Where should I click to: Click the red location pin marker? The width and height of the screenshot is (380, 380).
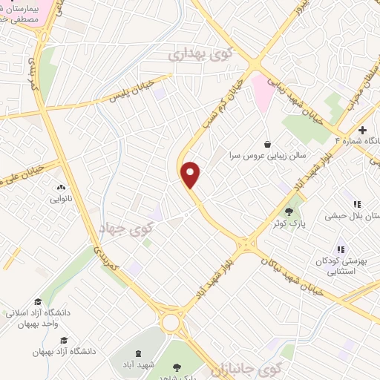pos(191,174)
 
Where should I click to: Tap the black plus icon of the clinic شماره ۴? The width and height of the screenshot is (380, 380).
pos(362,130)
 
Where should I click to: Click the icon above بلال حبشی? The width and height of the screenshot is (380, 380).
pos(357,204)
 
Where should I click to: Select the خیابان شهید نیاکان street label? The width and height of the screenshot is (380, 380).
pos(296,275)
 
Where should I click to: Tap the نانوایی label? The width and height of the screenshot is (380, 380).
pos(62,198)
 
